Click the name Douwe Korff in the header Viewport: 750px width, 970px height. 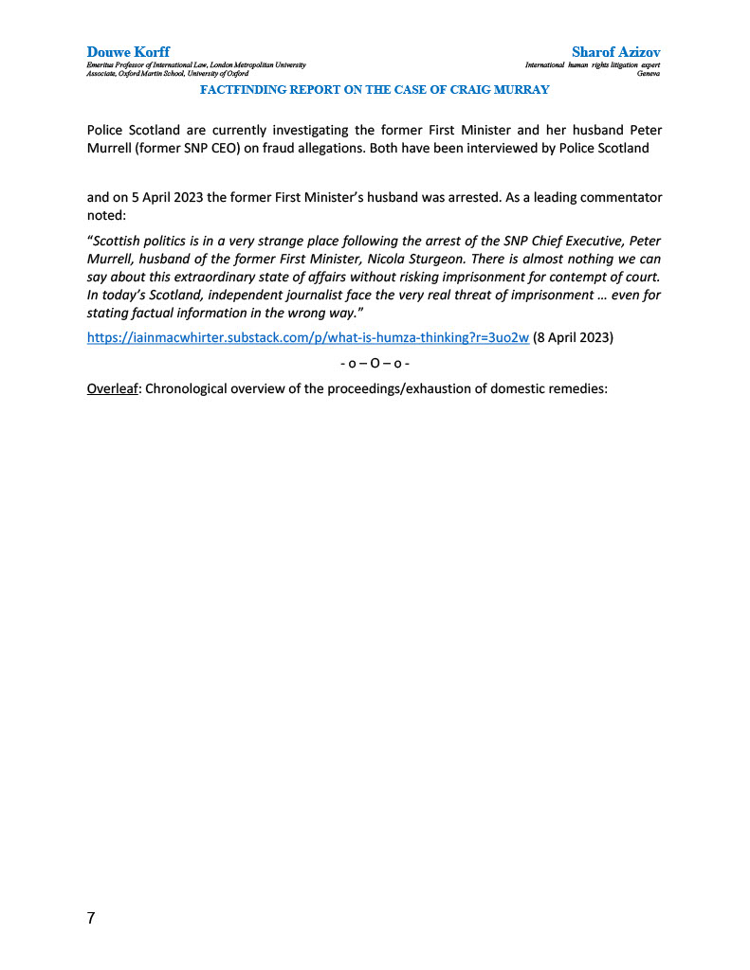click(x=128, y=51)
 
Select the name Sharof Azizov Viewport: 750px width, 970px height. click(x=615, y=51)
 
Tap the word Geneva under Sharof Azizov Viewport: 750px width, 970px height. click(x=649, y=73)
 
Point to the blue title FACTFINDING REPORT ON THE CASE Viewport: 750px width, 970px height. click(x=375, y=89)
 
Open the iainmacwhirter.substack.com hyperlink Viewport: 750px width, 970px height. click(x=307, y=339)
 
